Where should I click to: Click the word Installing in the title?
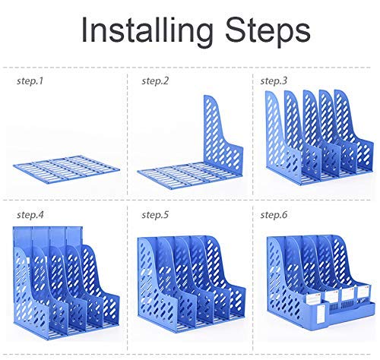[x=147, y=31]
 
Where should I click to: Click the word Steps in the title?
[x=268, y=31]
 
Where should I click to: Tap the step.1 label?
[x=30, y=81]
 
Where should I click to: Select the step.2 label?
[x=155, y=81]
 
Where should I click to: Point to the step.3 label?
[x=274, y=81]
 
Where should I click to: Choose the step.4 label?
[x=30, y=215]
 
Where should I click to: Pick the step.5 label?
[x=155, y=215]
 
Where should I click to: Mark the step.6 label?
[x=274, y=215]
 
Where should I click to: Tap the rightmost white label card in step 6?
[x=364, y=293]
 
